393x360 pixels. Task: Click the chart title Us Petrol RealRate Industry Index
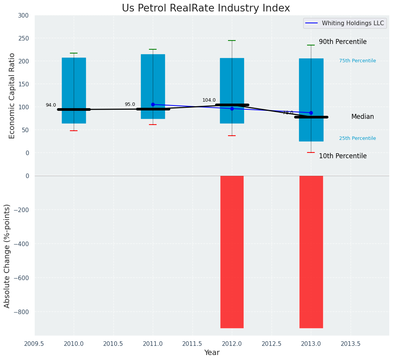(x=205, y=8)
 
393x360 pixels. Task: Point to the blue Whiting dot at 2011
(x=153, y=104)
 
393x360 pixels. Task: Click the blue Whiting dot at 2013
(x=311, y=113)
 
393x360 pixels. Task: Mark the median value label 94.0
(x=51, y=105)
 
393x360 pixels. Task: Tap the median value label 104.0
(x=209, y=100)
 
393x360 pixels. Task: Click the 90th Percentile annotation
(x=343, y=42)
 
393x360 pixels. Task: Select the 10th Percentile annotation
(x=343, y=156)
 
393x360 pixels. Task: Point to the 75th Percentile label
(x=357, y=61)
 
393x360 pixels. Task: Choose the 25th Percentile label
(x=357, y=138)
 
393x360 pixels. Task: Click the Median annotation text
(x=362, y=117)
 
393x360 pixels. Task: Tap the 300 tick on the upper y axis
(x=23, y=15)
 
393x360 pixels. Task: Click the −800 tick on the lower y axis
(x=21, y=311)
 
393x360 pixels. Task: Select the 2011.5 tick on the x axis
(x=192, y=344)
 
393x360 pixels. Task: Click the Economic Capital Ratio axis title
(x=12, y=96)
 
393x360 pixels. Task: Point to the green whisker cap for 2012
(x=232, y=41)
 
